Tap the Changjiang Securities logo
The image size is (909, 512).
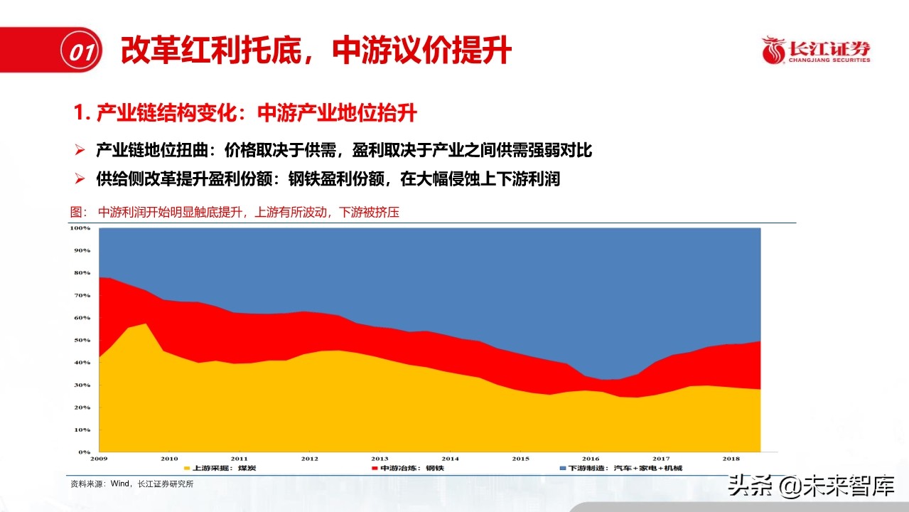pyautogui.click(x=816, y=50)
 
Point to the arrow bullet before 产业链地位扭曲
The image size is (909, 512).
pyautogui.click(x=80, y=150)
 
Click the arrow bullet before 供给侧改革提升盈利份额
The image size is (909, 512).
pyautogui.click(x=80, y=178)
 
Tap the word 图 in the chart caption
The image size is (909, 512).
pyautogui.click(x=77, y=212)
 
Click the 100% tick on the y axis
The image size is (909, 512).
pyautogui.click(x=80, y=228)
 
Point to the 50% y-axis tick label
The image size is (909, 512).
pyautogui.click(x=82, y=341)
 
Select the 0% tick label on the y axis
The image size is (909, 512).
pyautogui.click(x=84, y=452)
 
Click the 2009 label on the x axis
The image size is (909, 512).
pyautogui.click(x=99, y=459)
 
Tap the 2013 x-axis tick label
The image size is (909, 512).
pyautogui.click(x=380, y=459)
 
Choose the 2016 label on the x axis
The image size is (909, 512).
pyautogui.click(x=591, y=459)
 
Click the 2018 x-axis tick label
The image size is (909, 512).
pyautogui.click(x=731, y=459)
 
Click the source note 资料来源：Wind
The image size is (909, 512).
pyautogui.click(x=131, y=484)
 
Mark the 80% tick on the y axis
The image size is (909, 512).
pyautogui.click(x=82, y=273)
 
